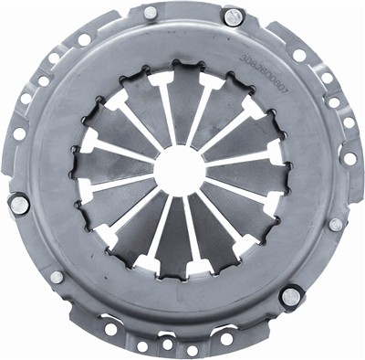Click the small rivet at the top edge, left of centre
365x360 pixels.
pos(150,13)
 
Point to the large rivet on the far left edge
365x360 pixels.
pos(18,205)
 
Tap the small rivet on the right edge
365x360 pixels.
pos(336,224)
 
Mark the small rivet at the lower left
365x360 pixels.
pos(57,277)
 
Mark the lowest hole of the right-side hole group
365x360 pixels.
pos(349,158)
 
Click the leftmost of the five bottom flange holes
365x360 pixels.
pos(110,330)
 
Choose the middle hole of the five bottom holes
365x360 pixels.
pos(167,344)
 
